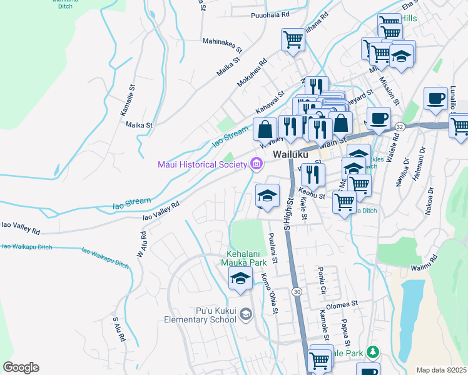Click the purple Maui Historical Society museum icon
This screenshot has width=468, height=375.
tap(255, 165)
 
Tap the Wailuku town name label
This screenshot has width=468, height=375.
tap(290, 154)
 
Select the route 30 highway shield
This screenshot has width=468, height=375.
tap(297, 292)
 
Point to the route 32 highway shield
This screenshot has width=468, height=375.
tap(400, 126)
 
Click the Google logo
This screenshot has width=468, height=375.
tap(21, 367)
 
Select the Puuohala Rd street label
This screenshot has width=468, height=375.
tap(270, 14)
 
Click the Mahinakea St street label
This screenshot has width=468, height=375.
tap(221, 42)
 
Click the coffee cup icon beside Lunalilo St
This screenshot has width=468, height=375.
tap(435, 99)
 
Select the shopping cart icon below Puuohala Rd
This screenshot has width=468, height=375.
tap(293, 40)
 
